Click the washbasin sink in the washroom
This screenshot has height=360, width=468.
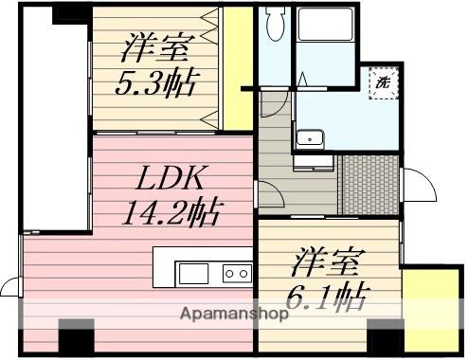click(309, 139)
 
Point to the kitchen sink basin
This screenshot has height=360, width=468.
click(193, 274)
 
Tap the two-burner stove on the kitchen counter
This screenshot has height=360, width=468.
click(237, 274)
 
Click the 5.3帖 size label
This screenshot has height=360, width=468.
click(156, 82)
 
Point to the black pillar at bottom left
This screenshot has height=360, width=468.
click(77, 335)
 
